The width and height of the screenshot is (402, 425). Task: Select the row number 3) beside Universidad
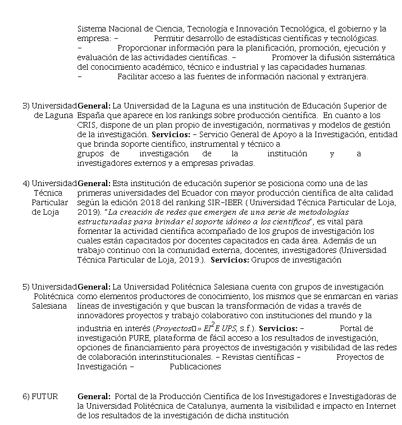(x=26, y=106)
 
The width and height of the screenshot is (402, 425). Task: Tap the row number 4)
(x=26, y=183)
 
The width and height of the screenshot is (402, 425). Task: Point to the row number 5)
(x=26, y=287)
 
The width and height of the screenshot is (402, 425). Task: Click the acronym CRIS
(x=87, y=125)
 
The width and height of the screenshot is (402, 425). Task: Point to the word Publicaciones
(x=195, y=367)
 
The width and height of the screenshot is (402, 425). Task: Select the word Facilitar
(x=134, y=76)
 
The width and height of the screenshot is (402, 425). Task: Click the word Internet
(x=382, y=406)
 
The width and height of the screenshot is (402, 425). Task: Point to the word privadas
(x=239, y=164)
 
